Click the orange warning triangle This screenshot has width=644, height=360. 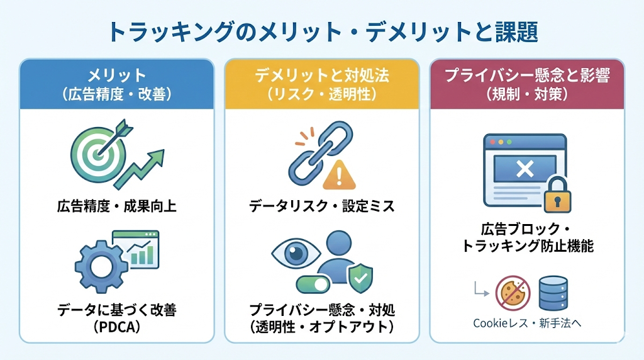pyautogui.click(x=338, y=174)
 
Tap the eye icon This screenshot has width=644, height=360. pyautogui.click(x=294, y=254)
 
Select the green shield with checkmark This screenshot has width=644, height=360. pyautogui.click(x=360, y=276)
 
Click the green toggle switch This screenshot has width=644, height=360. pyautogui.click(x=312, y=284)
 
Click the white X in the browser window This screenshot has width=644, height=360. pyautogui.click(x=525, y=168)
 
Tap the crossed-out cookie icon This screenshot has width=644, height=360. pyautogui.click(x=513, y=293)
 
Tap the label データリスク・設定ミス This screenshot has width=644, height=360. pyautogui.click(x=321, y=206)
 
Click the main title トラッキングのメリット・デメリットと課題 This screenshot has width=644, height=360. pyautogui.click(x=321, y=31)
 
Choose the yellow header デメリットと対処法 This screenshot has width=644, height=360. pyautogui.click(x=321, y=76)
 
